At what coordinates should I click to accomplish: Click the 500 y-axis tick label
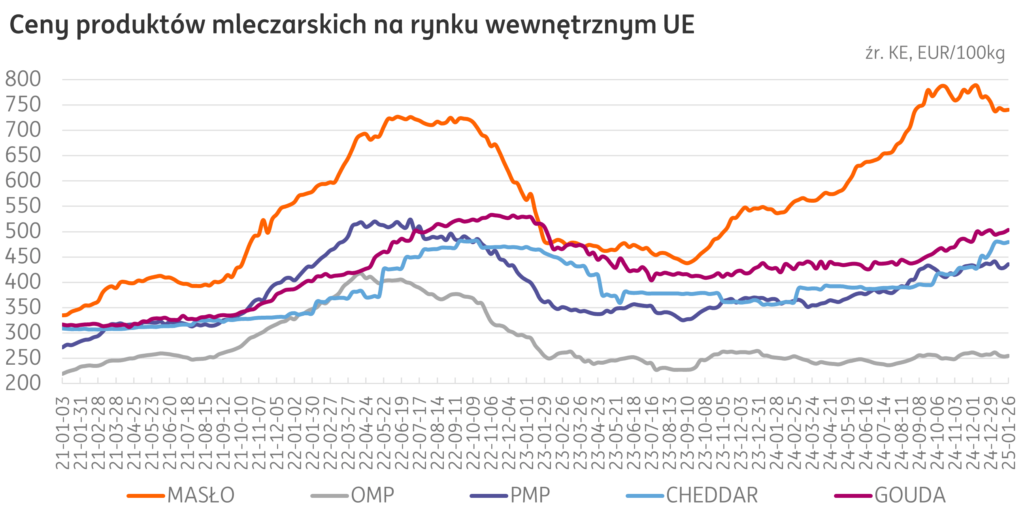pos(23,232)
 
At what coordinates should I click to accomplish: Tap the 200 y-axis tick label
pos(23,383)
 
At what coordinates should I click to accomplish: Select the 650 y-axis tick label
pos(23,156)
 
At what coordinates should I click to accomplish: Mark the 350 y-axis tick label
pos(23,308)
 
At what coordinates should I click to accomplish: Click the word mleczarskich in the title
pos(289,24)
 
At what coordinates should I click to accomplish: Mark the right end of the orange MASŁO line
pos(1008,110)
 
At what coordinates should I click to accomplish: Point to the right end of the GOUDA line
pos(1008,230)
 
